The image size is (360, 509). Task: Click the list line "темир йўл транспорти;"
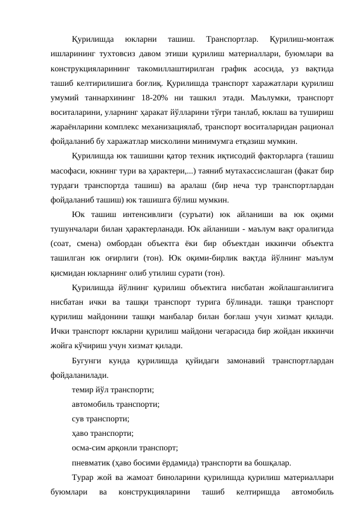(112, 390)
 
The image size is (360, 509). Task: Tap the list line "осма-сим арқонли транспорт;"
(124, 448)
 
